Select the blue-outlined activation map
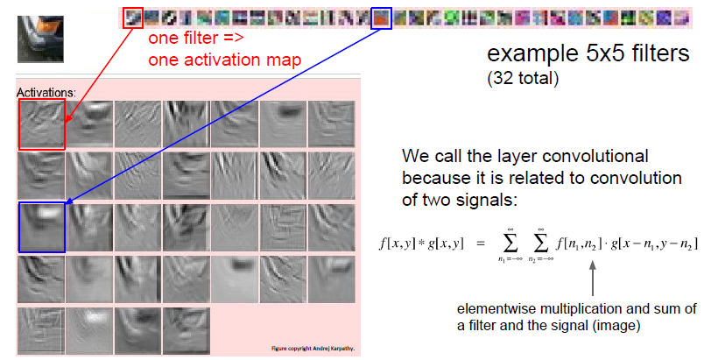tap(41, 227)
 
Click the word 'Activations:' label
tap(45, 90)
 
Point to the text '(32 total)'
tap(523, 79)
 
